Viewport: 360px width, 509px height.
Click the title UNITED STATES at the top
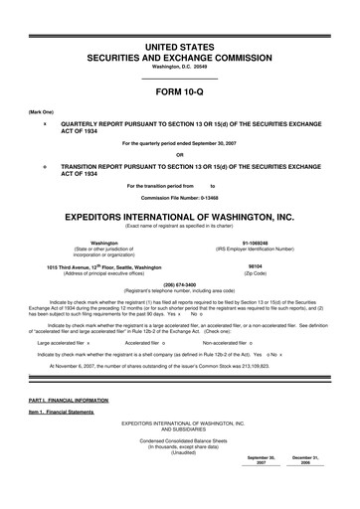tap(180, 20)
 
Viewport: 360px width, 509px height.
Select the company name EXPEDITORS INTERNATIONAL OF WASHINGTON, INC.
tap(180, 215)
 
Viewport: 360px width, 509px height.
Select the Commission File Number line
tap(180, 196)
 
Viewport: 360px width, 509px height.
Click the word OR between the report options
tap(180, 154)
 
